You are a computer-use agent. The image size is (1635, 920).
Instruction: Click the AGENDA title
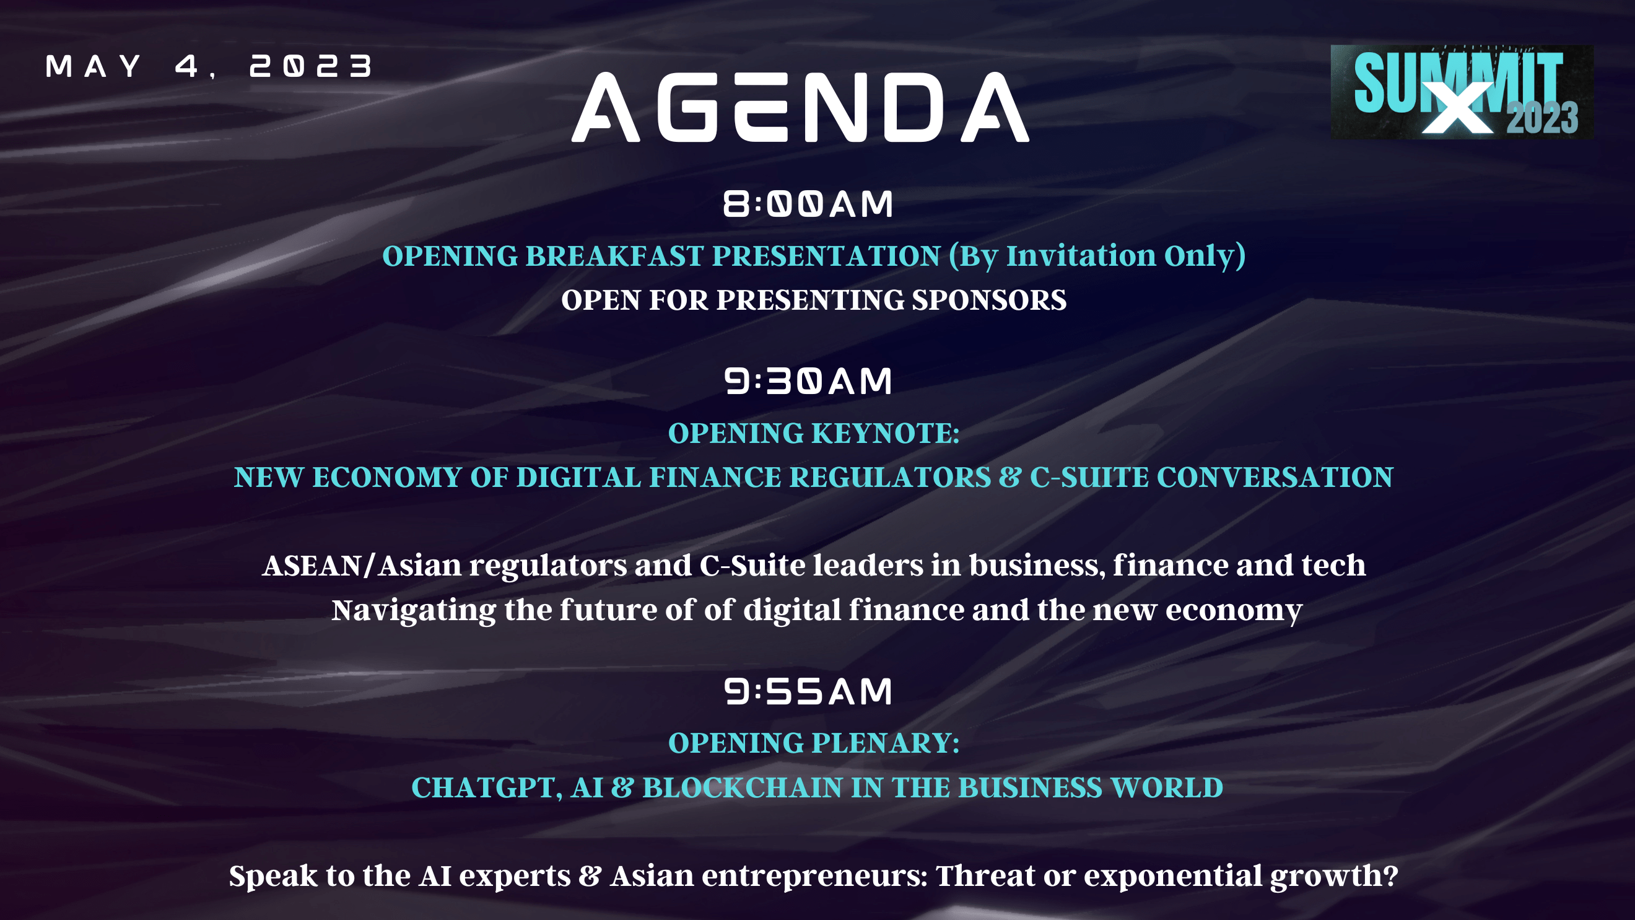pos(800,107)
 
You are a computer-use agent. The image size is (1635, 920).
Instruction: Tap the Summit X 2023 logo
pos(1462,92)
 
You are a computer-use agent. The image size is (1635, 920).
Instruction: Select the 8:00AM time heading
pos(808,204)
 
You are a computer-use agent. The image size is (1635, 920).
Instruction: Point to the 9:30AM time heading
pos(808,382)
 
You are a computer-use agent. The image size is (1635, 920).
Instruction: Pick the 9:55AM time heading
pos(808,691)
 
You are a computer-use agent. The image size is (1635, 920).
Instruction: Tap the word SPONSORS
pos(989,300)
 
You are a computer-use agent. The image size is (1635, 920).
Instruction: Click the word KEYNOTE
pos(886,434)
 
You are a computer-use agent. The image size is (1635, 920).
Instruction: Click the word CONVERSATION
pos(1275,478)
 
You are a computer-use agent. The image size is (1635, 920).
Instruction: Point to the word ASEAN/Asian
pos(362,566)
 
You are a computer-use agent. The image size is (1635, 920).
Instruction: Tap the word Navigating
pos(414,611)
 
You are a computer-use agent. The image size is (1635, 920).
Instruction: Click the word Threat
pos(986,875)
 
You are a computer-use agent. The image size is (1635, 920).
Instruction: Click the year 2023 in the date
pos(311,66)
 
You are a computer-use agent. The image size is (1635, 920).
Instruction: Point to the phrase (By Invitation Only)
pos(1097,256)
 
